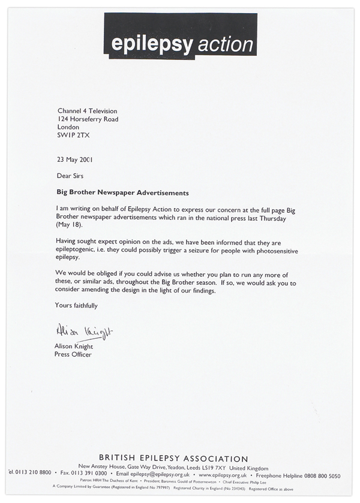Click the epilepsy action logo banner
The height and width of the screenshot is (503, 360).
180,35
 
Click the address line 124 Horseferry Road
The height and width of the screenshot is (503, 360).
88,119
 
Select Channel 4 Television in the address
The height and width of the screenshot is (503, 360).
87,111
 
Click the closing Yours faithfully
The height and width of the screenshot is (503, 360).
76,306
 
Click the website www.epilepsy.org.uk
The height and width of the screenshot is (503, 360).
223,476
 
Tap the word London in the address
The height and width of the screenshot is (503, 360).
68,127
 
